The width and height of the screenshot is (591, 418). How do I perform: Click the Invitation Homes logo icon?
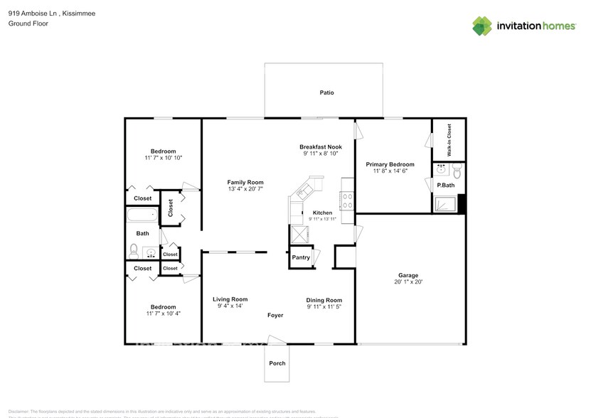pos(482,26)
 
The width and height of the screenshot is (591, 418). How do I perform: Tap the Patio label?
pos(326,92)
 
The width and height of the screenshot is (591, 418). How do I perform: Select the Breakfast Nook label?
pos(320,147)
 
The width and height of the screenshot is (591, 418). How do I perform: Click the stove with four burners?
pos(348,200)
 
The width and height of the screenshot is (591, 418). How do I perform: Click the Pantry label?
pos(301,257)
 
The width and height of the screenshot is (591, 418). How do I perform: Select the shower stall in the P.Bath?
pos(446,204)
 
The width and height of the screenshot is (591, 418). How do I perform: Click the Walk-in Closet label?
pos(449,140)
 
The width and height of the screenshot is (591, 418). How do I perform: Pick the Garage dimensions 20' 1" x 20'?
pos(408,282)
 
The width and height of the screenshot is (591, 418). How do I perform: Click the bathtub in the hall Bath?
pos(141,215)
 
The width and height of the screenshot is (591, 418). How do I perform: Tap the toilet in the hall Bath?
pos(133,251)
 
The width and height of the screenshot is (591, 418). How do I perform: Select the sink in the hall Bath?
pos(150,252)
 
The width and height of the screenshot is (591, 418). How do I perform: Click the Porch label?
pos(277,363)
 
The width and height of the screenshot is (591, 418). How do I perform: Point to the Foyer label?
pos(276,315)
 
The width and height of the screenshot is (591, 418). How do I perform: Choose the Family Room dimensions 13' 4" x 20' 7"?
pos(245,189)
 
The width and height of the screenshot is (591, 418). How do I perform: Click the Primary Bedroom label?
pos(390,164)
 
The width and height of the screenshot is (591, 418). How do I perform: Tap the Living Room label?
pos(230,299)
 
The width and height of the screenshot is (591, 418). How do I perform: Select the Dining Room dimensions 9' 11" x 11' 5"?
pos(324,307)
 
